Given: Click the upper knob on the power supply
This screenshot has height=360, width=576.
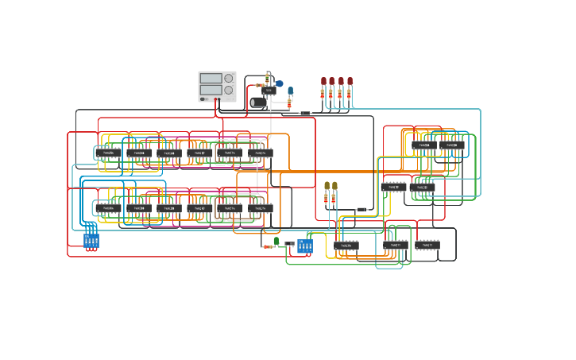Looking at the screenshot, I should pos(229,78).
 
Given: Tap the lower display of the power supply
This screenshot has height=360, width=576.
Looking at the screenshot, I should pos(211,90).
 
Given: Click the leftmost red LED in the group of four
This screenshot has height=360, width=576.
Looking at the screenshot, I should pos(323,82).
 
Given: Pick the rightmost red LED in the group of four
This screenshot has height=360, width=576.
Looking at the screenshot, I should pos(350,82).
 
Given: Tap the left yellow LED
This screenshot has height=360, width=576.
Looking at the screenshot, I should pos(327,186).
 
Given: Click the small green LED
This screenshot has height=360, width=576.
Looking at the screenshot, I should pos(276,241).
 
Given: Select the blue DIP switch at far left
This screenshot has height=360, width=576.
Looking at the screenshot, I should pos(91,239).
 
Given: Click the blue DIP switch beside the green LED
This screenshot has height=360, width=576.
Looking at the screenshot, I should pos(304,246).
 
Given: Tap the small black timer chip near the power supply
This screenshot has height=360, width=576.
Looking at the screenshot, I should pos(269,91).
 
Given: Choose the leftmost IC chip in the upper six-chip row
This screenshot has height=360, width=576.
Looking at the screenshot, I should pos(108,153).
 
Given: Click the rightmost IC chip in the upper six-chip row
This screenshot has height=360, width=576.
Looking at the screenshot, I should pos(261,153).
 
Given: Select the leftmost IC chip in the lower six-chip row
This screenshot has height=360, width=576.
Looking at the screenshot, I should pos(108,208).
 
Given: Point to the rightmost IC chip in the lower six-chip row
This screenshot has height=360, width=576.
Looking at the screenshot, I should pos(261,208).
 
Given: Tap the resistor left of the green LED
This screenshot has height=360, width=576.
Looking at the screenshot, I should pos(268,246).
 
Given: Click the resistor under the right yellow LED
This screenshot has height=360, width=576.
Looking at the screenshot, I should pos(334,198).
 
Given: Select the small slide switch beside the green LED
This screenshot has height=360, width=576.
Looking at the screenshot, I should pos(289,244).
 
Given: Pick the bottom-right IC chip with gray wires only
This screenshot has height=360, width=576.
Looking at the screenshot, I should pos(427,245).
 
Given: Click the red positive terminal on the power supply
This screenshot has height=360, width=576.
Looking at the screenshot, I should pos(218,99).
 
